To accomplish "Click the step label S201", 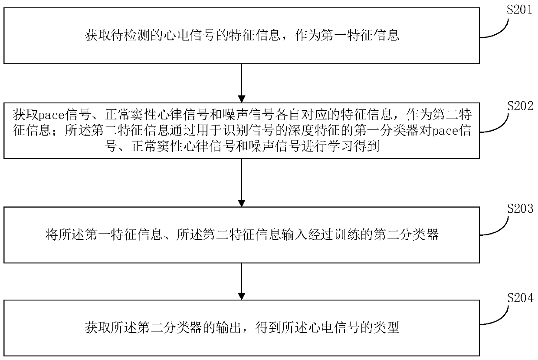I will click(x=519, y=10).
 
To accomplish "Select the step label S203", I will click(x=519, y=209).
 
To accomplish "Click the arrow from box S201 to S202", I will click(x=242, y=83).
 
